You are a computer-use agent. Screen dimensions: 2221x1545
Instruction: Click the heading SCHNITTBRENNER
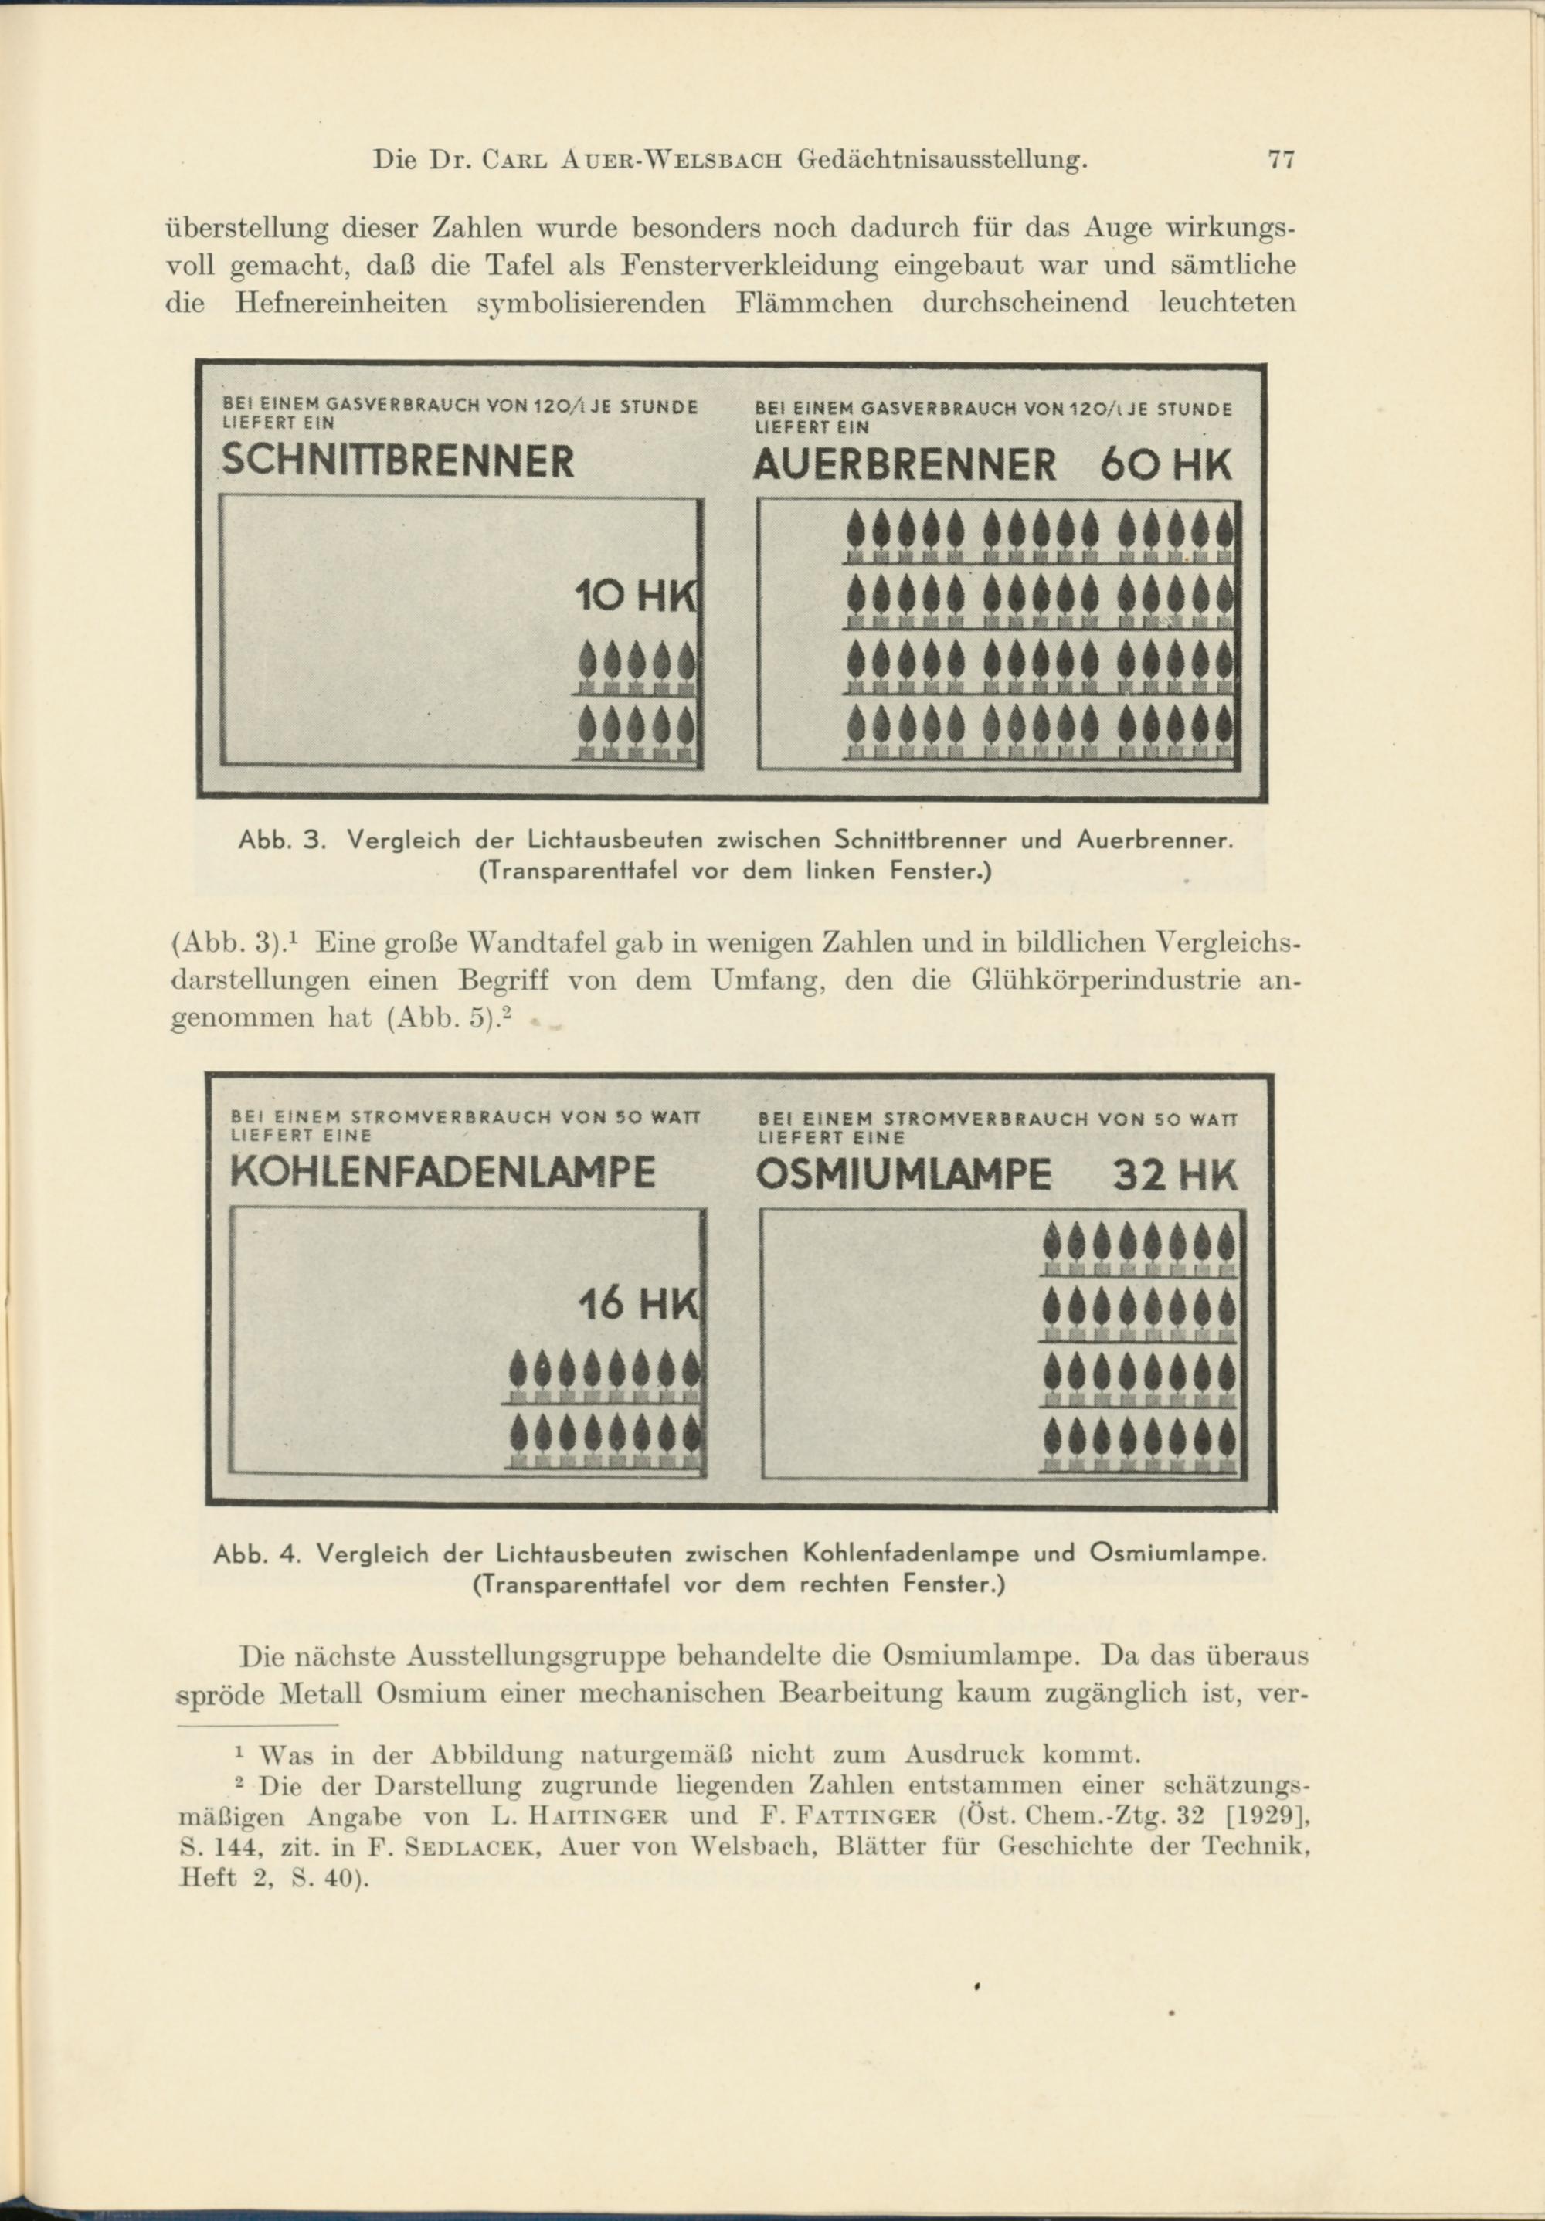[x=398, y=460]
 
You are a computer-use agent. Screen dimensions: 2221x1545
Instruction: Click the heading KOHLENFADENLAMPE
[x=443, y=1173]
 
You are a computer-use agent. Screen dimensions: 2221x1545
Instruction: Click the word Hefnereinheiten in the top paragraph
[x=341, y=304]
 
